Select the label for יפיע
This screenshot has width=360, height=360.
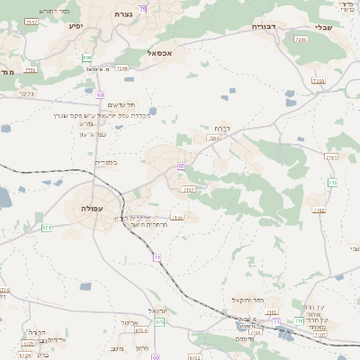click(76, 25)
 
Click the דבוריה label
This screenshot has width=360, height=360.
click(265, 27)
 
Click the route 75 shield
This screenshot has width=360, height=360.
click(142, 7)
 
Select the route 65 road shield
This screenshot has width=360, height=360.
click(181, 166)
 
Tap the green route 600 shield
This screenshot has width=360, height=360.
click(86, 57)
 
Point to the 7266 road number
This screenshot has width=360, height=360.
click(122, 67)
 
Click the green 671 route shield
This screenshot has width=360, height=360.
click(46, 228)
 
